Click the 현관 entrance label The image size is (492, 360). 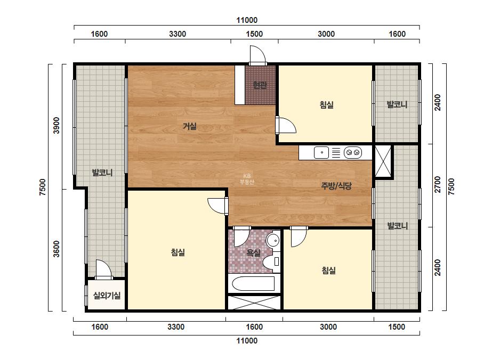(x=260, y=85)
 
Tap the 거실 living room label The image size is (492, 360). (x=190, y=126)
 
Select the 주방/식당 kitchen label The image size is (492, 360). (x=336, y=186)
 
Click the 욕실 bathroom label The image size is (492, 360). (x=253, y=253)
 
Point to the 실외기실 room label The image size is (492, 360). (x=107, y=296)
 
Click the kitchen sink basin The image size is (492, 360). (x=321, y=153)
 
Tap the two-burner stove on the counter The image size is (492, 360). (x=353, y=153)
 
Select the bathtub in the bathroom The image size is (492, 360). (x=254, y=284)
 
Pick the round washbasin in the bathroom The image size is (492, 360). (x=273, y=241)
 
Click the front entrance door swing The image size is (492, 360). (x=257, y=55)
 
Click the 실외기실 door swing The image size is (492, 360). (x=103, y=269)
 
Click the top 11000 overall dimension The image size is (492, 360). (x=247, y=20)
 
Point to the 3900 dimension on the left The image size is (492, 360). (x=56, y=126)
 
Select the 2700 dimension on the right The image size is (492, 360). (x=438, y=185)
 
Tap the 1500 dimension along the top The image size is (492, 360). (x=254, y=34)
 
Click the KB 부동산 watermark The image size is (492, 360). (x=247, y=179)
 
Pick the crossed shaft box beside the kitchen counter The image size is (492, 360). (x=383, y=161)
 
